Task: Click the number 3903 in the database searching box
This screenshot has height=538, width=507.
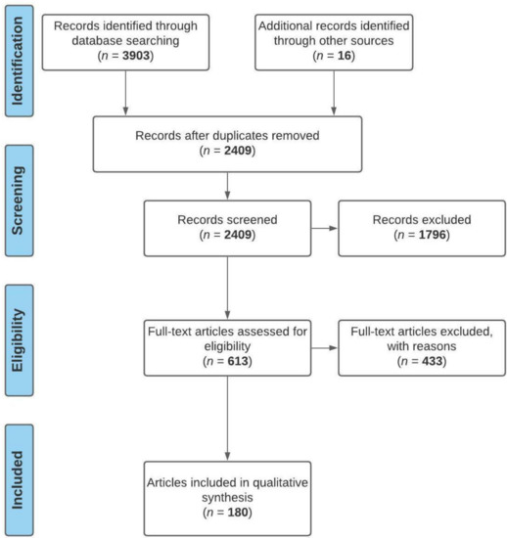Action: click(x=136, y=56)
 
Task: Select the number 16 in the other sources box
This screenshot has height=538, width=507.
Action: click(x=345, y=56)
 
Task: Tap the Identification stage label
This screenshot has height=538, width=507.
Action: click(x=18, y=61)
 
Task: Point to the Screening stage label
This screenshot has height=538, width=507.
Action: click(x=18, y=201)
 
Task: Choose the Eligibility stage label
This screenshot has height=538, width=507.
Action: click(x=18, y=340)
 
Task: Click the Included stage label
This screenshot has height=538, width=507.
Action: click(x=18, y=480)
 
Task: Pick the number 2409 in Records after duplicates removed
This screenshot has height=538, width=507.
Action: click(x=238, y=151)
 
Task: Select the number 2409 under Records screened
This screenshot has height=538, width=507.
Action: click(x=238, y=235)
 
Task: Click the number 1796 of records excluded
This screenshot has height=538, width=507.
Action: click(x=433, y=235)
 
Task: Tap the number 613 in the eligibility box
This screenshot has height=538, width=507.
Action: click(x=238, y=361)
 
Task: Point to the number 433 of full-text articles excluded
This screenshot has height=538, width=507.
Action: click(x=433, y=361)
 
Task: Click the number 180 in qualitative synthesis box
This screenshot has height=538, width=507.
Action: click(x=238, y=513)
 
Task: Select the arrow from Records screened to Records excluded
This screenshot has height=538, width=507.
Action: click(x=325, y=229)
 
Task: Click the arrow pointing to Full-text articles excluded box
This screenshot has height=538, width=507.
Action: click(x=325, y=348)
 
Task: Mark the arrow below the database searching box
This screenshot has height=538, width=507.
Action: click(x=125, y=93)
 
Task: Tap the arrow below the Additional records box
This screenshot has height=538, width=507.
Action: click(x=334, y=93)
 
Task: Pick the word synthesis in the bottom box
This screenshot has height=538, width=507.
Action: click(x=227, y=498)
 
